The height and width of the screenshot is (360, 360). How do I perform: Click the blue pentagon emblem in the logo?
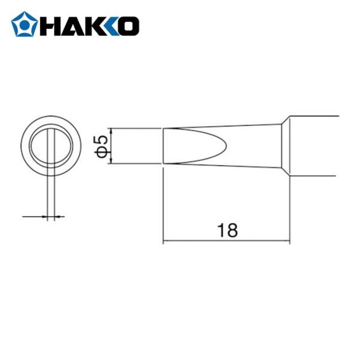click(x=24, y=25)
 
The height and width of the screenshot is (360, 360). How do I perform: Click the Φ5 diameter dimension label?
click(x=101, y=146)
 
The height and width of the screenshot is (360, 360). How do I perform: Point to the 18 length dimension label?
click(x=227, y=230)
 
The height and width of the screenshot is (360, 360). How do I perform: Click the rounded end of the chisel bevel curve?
click(x=226, y=146)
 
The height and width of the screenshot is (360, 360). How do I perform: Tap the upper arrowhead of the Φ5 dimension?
click(x=112, y=131)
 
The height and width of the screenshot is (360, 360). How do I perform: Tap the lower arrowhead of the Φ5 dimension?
click(x=112, y=161)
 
